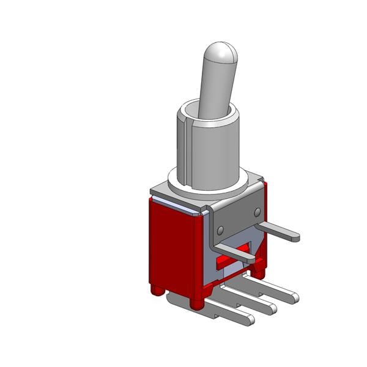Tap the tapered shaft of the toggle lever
click(x=213, y=92)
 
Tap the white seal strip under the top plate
click(x=177, y=206)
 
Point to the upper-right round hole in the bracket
click(x=258, y=212)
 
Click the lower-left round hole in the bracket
click(x=218, y=230)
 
